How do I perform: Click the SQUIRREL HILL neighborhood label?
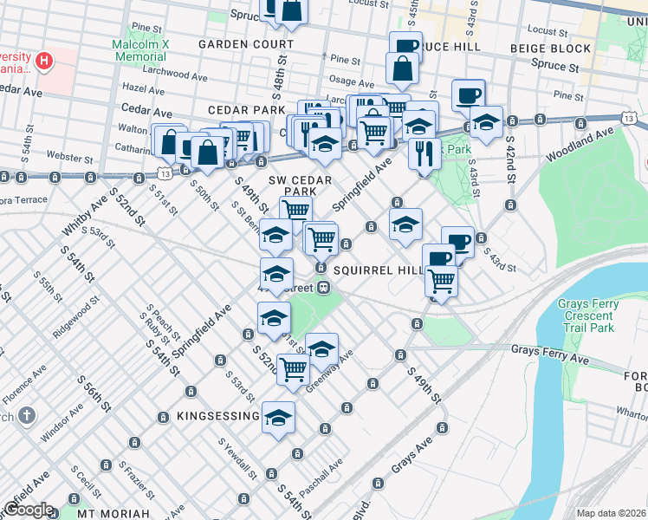click(377, 270)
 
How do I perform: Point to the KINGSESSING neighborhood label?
click(217, 416)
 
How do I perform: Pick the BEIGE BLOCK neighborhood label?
click(550, 49)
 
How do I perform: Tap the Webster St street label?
click(70, 159)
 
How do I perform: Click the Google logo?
click(29, 510)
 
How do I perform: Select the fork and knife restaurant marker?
click(424, 153)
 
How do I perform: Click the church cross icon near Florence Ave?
click(27, 415)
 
